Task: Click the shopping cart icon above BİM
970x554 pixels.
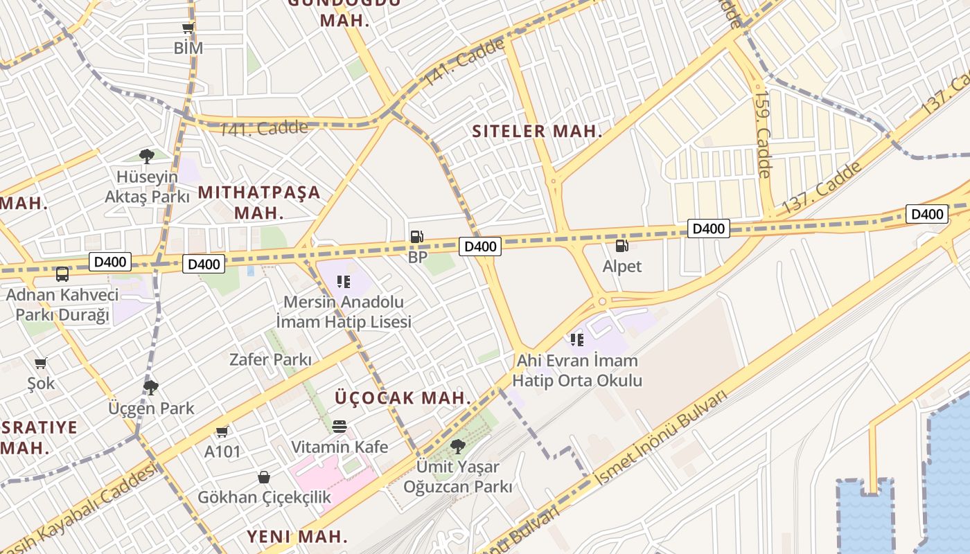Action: pos(188,28)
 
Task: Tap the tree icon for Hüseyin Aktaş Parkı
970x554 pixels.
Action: pos(146,157)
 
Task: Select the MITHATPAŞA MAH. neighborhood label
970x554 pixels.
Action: pos(259,202)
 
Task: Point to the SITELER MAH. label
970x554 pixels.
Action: pos(537,132)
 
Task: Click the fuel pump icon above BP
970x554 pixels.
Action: pos(416,237)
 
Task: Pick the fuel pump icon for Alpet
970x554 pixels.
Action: pos(621,245)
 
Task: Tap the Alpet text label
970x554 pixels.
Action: pos(621,267)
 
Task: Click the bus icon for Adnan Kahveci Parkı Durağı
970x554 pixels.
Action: pos(62,274)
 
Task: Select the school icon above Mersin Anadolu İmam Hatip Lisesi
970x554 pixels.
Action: pos(343,282)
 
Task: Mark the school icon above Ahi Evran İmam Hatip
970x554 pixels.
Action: pos(576,340)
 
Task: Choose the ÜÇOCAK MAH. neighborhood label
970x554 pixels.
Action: pos(403,398)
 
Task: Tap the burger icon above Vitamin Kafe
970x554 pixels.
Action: pos(339,426)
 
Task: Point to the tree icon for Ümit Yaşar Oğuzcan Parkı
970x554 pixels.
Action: pos(457,446)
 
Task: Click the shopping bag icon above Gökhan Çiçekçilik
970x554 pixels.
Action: pos(264,476)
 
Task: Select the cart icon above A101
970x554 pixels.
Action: pos(222,432)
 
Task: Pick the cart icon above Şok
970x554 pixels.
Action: pos(41,363)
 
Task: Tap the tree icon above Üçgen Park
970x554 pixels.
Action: pos(150,387)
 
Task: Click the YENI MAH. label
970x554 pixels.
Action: pos(297,537)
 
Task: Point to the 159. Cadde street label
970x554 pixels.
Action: pos(762,134)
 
